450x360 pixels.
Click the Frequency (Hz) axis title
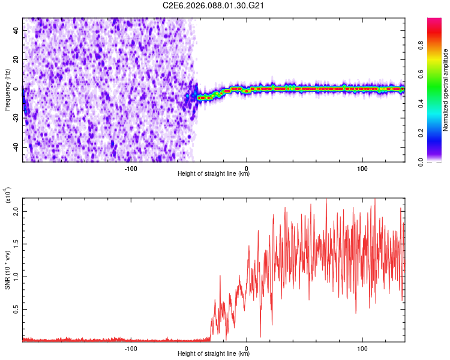pos(7,89)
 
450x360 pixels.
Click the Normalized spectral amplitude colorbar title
pos(445,90)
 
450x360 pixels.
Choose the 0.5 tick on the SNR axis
pos(16,309)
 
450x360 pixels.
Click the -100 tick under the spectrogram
pos(131,167)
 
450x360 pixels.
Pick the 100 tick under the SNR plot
pos(362,347)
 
